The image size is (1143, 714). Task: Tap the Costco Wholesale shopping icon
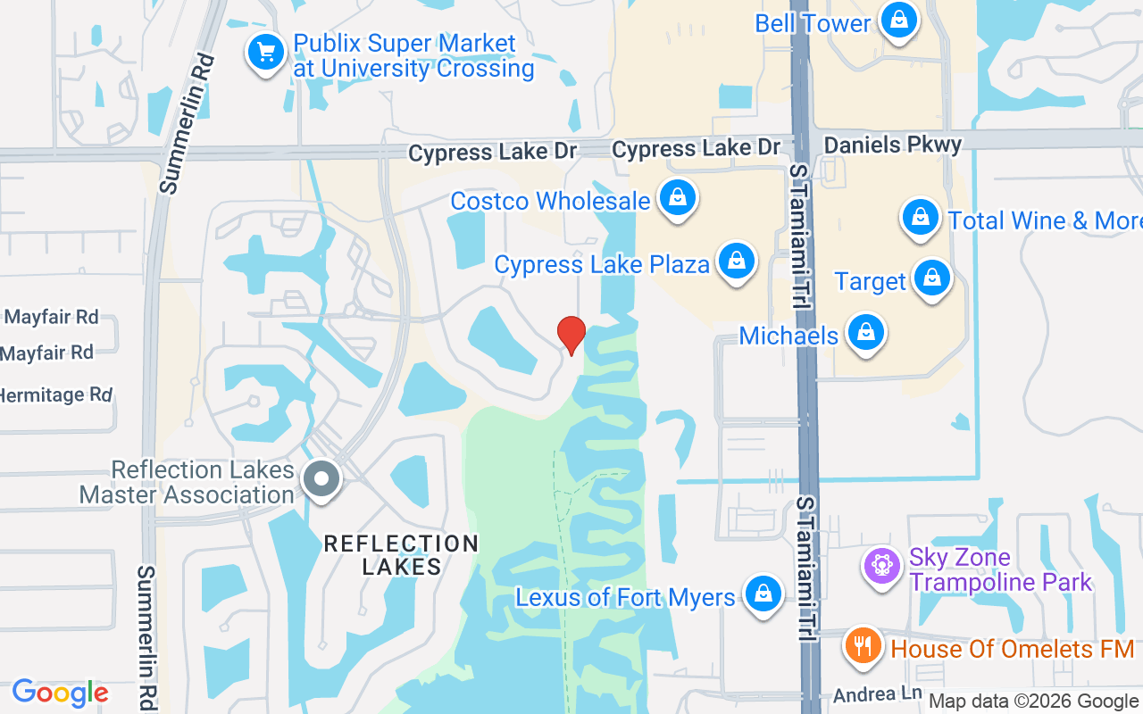(x=678, y=199)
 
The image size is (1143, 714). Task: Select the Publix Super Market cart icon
(x=265, y=52)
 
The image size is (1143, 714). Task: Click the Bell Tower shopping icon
(x=898, y=20)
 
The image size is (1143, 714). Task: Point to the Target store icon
(x=932, y=278)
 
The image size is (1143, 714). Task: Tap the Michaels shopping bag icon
(x=865, y=333)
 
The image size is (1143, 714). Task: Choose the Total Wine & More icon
(x=920, y=217)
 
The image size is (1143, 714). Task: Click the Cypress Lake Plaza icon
(x=736, y=262)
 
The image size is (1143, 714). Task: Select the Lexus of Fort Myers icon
(x=763, y=594)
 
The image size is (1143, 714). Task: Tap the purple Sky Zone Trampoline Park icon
(x=882, y=565)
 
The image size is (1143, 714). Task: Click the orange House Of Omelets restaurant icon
(x=862, y=645)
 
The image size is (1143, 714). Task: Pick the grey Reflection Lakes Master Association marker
(x=321, y=479)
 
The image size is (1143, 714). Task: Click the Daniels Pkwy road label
(x=893, y=145)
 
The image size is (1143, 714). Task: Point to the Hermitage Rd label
(x=55, y=394)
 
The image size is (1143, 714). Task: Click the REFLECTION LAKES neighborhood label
(x=401, y=554)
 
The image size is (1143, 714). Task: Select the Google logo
(x=60, y=693)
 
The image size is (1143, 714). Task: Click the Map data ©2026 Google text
(x=1033, y=702)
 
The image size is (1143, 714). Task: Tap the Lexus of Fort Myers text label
(x=625, y=597)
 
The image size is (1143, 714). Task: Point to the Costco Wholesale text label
(x=550, y=201)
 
